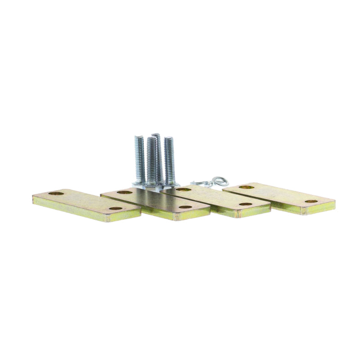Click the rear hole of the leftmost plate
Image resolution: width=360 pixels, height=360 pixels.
[56, 193]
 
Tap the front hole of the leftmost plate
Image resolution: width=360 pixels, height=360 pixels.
[116, 208]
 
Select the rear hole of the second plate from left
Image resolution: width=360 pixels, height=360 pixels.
[125, 192]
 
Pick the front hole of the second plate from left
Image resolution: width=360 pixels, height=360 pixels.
[185, 207]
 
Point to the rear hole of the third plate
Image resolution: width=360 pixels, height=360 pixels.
[184, 189]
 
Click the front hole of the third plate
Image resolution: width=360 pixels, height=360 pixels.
[245, 204]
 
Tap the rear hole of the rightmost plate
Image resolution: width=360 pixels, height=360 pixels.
[246, 187]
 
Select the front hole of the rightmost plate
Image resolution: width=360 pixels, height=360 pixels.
[311, 201]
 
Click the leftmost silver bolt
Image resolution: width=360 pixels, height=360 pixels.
[139, 160]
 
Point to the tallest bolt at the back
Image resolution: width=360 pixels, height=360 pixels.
[157, 153]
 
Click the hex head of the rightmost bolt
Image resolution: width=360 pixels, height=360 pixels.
[171, 185]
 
